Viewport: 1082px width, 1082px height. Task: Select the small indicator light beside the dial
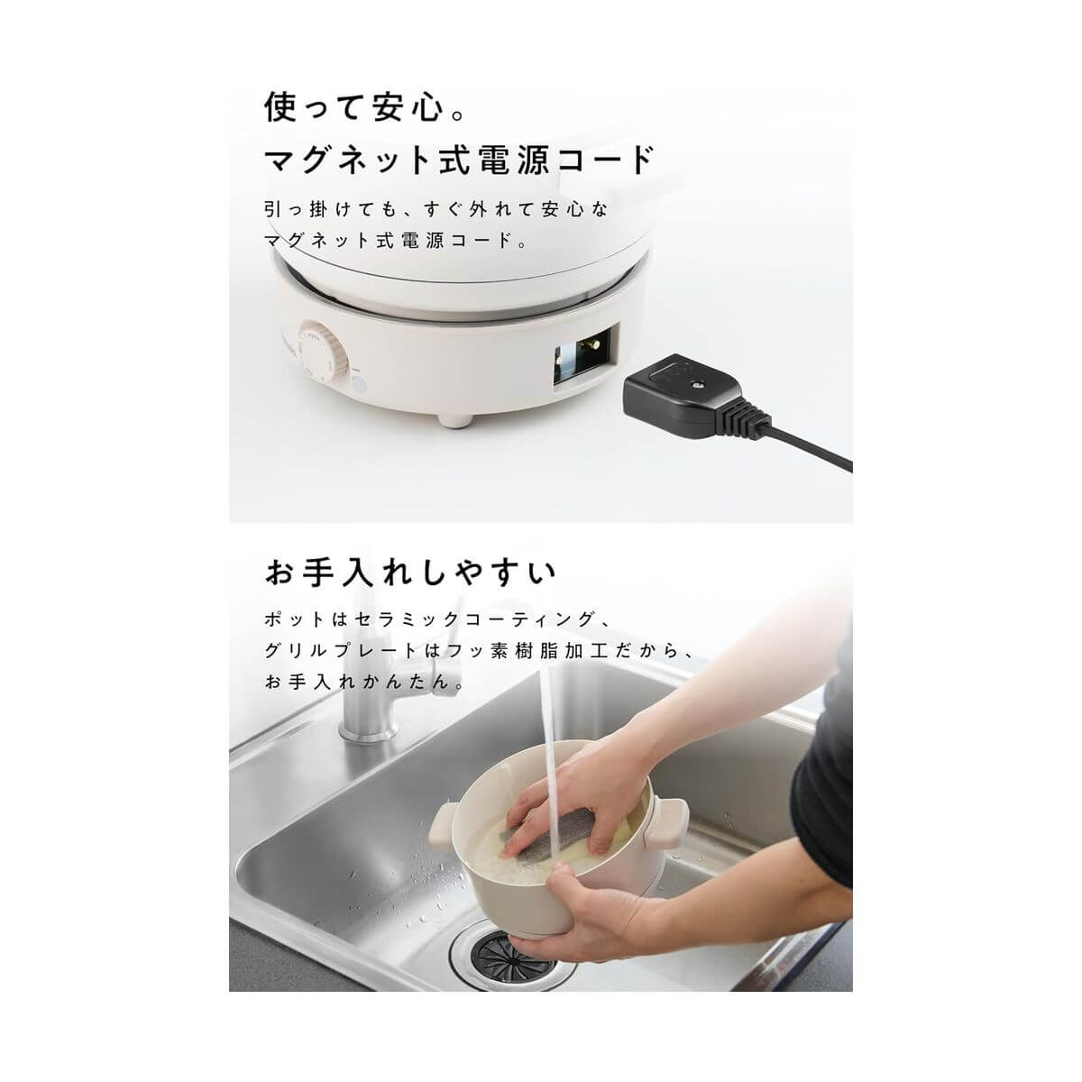pos(361,386)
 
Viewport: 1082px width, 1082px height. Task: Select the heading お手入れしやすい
pos(410,572)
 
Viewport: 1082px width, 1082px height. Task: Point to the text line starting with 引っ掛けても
pos(437,209)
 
